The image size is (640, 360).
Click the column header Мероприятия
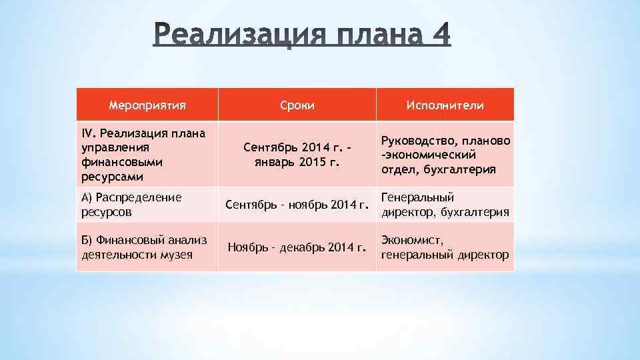[x=147, y=105]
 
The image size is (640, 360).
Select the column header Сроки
[x=297, y=105]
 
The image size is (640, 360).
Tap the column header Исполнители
[x=445, y=105]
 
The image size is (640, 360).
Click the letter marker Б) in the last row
[x=87, y=240]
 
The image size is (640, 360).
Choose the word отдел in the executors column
[x=396, y=169]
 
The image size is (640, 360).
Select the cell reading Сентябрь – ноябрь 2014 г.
[x=297, y=205]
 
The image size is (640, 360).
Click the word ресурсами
[x=107, y=177]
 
